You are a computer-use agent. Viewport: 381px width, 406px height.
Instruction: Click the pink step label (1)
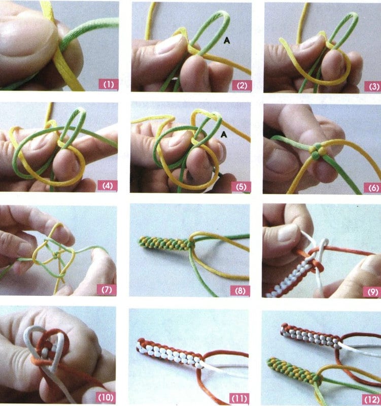(109, 84)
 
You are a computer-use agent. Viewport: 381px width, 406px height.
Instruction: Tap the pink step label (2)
(242, 85)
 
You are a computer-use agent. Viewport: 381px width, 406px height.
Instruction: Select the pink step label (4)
(108, 186)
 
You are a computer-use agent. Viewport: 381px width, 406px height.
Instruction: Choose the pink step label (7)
(107, 289)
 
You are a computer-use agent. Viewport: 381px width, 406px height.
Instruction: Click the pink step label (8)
(240, 290)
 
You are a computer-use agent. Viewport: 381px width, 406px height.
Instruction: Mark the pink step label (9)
(373, 292)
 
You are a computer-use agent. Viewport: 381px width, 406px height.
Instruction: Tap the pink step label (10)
(106, 397)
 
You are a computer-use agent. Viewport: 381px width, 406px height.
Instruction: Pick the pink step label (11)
(239, 398)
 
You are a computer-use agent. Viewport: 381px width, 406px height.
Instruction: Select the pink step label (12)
(372, 399)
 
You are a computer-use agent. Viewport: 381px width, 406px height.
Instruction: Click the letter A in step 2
(227, 40)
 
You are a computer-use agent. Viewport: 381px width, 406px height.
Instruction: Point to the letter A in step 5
(224, 134)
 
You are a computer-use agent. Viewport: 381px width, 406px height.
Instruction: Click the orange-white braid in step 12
(310, 335)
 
